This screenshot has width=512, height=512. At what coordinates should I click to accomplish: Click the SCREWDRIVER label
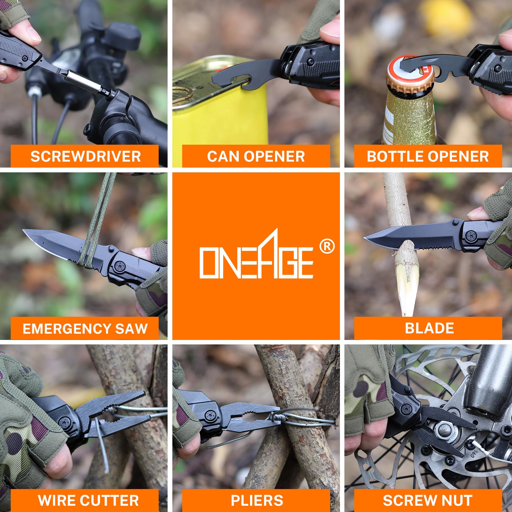click(x=85, y=157)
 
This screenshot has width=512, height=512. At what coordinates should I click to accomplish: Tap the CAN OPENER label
click(x=256, y=157)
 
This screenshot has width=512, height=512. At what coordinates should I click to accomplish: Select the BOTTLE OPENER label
click(x=428, y=157)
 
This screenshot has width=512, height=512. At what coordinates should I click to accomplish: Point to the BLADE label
click(x=429, y=328)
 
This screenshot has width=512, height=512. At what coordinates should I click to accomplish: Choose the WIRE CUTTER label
click(x=88, y=500)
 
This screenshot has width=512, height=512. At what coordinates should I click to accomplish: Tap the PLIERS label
click(x=257, y=500)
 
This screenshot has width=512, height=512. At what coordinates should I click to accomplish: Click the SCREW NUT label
click(x=427, y=500)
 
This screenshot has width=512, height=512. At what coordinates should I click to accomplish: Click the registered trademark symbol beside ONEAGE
click(x=327, y=246)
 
